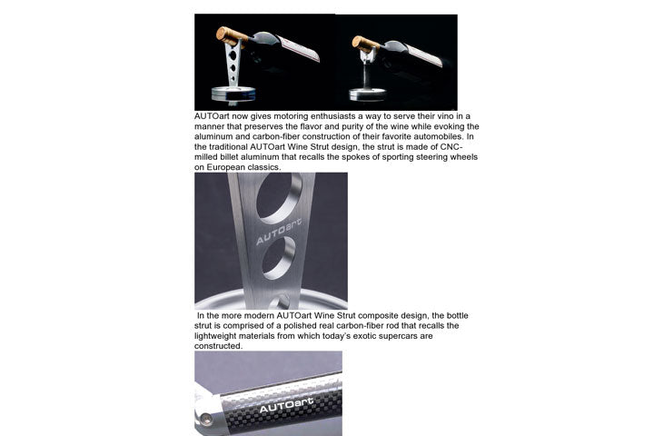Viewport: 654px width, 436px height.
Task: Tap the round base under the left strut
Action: pos(233,93)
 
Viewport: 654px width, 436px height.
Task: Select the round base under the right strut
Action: pos(368,94)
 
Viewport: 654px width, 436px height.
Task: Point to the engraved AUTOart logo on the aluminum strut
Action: pos(278,231)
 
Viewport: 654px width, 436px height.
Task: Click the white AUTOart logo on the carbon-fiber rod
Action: pos(286,405)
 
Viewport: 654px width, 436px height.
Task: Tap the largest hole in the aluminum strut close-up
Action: pos(279,196)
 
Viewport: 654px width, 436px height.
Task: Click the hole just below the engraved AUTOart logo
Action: pos(279,257)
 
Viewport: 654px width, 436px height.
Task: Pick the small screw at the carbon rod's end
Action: pos(205,419)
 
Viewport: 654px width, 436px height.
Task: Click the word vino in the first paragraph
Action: pos(444,116)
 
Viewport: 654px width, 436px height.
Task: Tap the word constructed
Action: pos(218,346)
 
